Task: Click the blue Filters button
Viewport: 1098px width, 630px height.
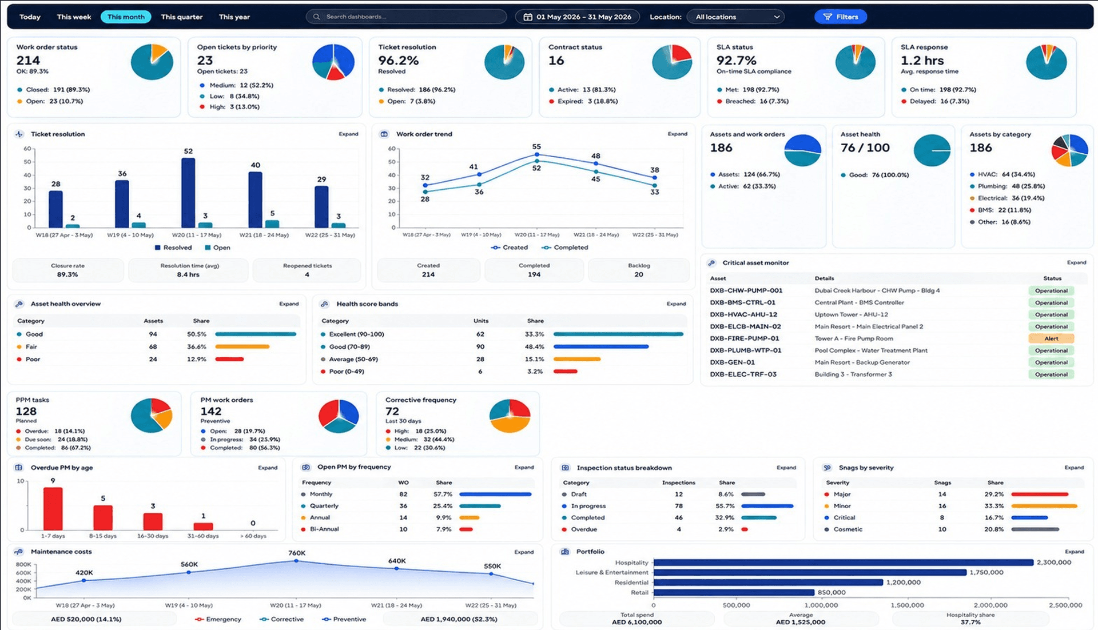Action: pos(840,17)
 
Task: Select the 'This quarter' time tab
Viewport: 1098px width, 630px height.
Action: pos(181,17)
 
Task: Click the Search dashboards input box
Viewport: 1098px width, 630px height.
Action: pos(407,17)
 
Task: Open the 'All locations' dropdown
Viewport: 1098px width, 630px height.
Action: pos(735,17)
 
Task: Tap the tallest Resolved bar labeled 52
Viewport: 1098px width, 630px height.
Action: pos(188,193)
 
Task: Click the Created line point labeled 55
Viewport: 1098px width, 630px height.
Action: pos(536,155)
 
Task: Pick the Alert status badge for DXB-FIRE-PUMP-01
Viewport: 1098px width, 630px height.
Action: pos(1051,338)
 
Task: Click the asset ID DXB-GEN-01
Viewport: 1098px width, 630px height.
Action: pos(732,362)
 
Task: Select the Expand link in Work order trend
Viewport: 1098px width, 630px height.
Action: pos(677,134)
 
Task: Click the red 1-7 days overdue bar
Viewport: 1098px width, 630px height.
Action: pos(53,509)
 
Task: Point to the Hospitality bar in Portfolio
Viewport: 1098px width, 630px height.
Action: pos(844,563)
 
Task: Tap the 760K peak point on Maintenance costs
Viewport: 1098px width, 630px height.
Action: pos(296,561)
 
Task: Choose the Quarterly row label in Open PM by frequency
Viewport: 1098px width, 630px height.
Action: pos(324,506)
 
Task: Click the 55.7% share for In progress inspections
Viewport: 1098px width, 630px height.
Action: pos(725,506)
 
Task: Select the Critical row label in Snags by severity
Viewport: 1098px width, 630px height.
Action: pos(844,518)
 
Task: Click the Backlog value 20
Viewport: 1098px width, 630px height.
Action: pos(639,274)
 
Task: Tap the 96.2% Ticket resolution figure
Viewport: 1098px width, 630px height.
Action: pos(399,61)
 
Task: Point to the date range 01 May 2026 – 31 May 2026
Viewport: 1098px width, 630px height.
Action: pos(584,17)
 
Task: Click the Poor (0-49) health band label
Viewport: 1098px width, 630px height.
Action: pos(347,372)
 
